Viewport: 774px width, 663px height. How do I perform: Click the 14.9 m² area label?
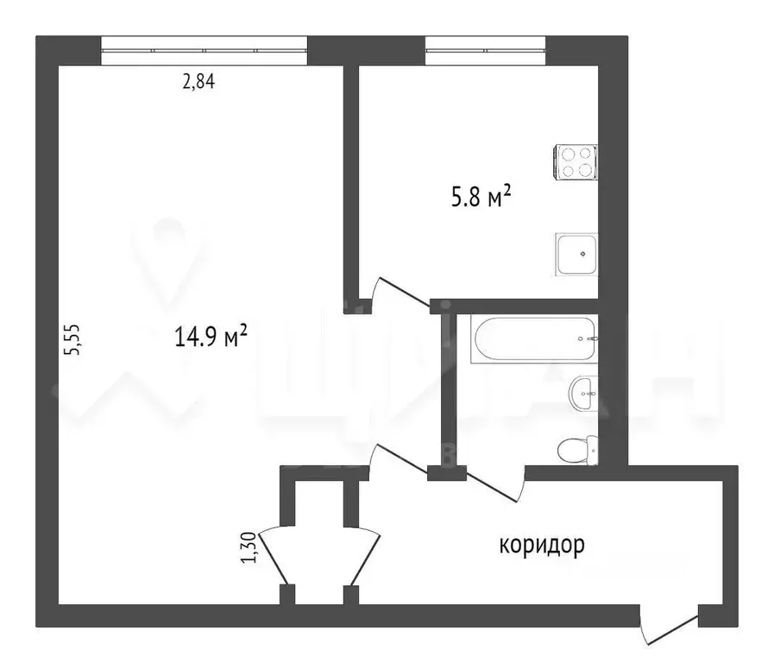click(x=211, y=336)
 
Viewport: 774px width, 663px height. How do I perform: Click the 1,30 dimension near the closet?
click(x=249, y=548)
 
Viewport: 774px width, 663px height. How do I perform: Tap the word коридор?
click(x=542, y=545)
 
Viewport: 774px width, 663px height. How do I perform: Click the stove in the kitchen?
click(x=576, y=161)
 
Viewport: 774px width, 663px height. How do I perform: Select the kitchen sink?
click(x=576, y=255)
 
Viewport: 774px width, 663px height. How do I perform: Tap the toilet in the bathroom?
click(x=576, y=450)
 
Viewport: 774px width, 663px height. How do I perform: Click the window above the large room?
click(x=204, y=50)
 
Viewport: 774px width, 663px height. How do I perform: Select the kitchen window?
click(x=485, y=50)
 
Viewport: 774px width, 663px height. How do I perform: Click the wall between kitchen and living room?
click(x=351, y=181)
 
